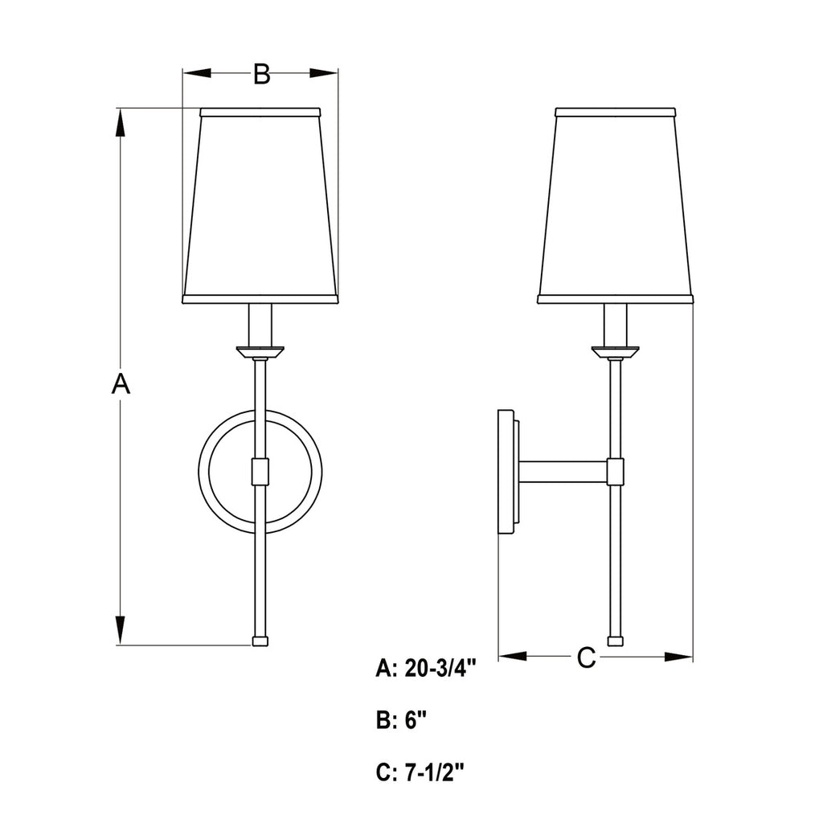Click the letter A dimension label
pyautogui.click(x=121, y=383)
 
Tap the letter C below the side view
pyautogui.click(x=586, y=657)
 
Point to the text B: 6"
pyautogui.click(x=402, y=721)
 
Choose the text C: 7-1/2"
pyautogui.click(x=420, y=772)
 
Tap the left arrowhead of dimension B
pyautogui.click(x=197, y=73)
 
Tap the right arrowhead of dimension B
pyautogui.click(x=323, y=73)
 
